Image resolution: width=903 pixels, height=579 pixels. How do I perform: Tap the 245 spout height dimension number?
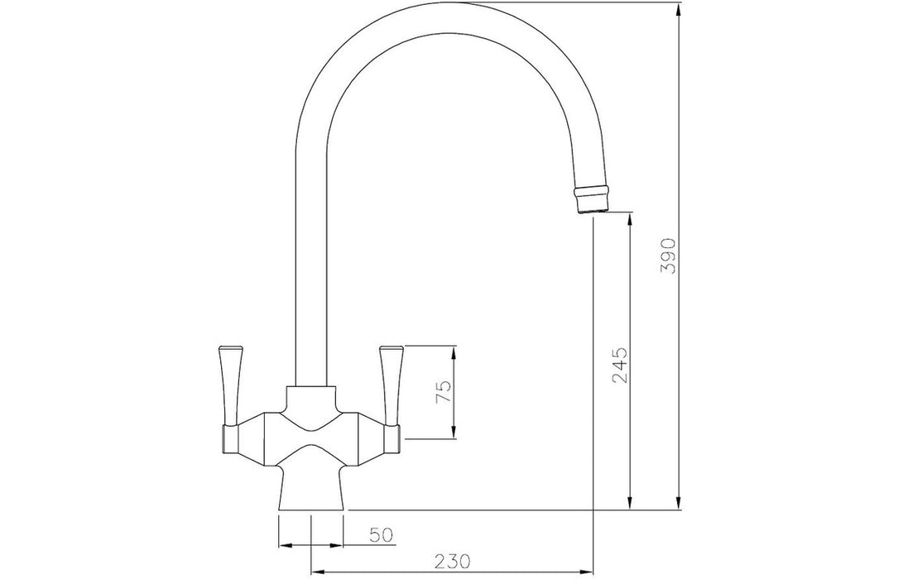620,365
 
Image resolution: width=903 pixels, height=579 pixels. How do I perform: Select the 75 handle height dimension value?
444,393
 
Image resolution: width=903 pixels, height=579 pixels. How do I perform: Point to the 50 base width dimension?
382,535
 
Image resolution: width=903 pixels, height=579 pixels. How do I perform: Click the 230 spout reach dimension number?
452,560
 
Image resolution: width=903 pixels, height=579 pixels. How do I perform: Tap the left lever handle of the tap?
228,386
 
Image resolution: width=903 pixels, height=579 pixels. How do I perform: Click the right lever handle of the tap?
391,386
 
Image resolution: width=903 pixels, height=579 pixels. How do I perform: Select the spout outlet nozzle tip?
592,199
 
